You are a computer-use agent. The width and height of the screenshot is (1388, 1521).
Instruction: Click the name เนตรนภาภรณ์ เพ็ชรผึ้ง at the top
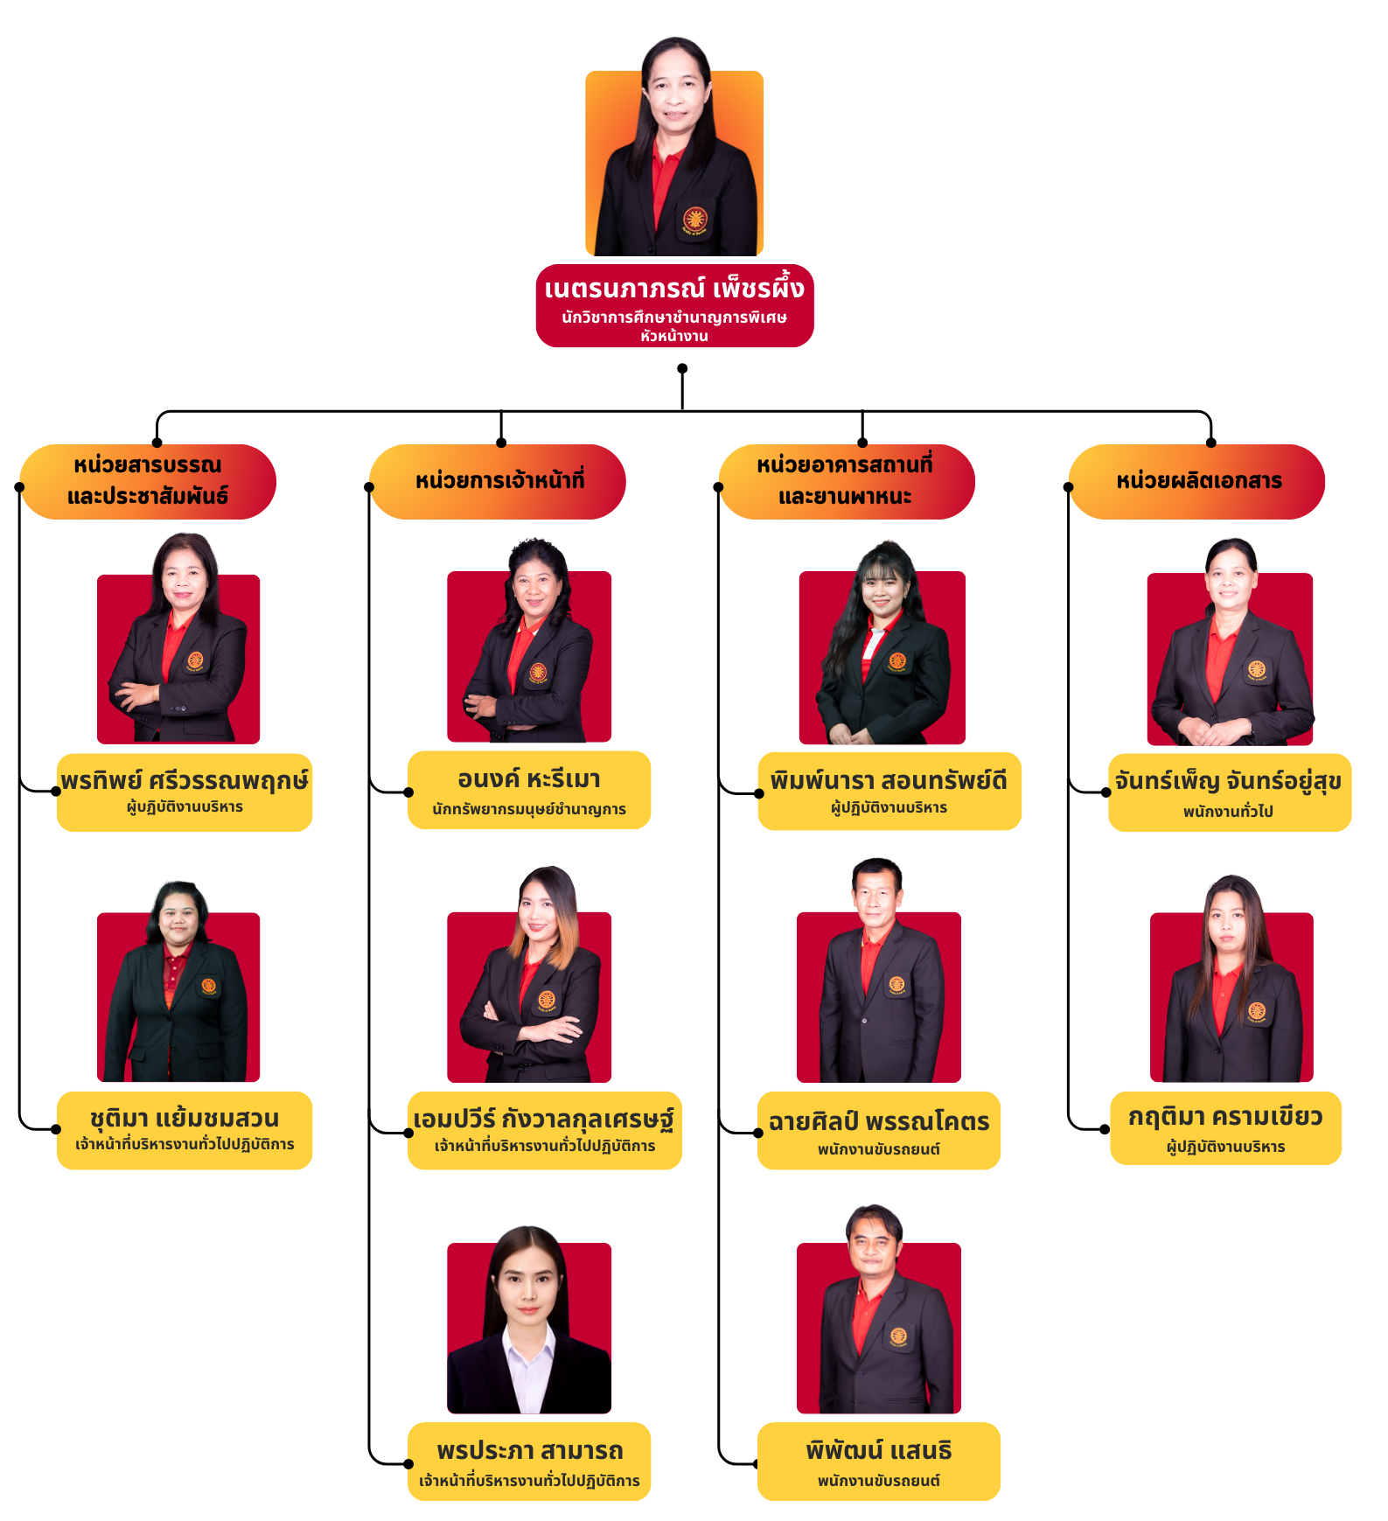(x=673, y=289)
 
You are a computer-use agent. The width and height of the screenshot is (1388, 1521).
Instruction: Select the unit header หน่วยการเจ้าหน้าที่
(x=499, y=480)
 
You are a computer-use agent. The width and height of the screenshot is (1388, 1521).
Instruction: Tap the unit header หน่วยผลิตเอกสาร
(x=1198, y=480)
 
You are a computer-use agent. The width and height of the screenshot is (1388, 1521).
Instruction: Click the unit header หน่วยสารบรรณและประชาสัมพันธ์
(x=148, y=480)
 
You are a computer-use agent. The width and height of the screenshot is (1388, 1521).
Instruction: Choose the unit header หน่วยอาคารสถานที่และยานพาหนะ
(x=845, y=480)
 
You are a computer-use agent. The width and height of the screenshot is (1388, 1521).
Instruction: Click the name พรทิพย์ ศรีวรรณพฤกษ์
(x=185, y=780)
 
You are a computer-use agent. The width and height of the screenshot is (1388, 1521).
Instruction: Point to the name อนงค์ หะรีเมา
(x=529, y=778)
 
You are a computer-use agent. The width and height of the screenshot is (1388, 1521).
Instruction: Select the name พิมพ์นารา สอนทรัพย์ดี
(x=889, y=780)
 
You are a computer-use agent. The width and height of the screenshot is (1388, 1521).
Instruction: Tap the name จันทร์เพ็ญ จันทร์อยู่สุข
(x=1228, y=781)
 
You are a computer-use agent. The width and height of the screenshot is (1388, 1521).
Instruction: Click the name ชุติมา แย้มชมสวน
(x=185, y=1119)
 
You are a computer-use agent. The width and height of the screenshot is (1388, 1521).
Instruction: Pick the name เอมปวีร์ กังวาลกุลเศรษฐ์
(x=543, y=1120)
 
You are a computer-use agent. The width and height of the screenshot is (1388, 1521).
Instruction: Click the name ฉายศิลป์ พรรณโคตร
(x=879, y=1121)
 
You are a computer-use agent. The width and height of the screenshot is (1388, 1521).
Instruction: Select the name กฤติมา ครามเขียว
(x=1225, y=1117)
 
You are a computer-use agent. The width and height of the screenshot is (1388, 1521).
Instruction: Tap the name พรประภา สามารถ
(x=530, y=1451)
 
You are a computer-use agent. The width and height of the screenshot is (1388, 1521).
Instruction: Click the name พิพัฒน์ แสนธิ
(x=879, y=1451)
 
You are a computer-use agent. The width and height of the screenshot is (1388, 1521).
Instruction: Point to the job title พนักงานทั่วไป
(x=1228, y=812)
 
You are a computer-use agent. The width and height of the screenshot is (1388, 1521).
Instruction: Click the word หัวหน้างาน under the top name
(x=673, y=336)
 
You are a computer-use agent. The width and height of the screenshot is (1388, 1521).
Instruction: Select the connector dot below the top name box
(x=682, y=368)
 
